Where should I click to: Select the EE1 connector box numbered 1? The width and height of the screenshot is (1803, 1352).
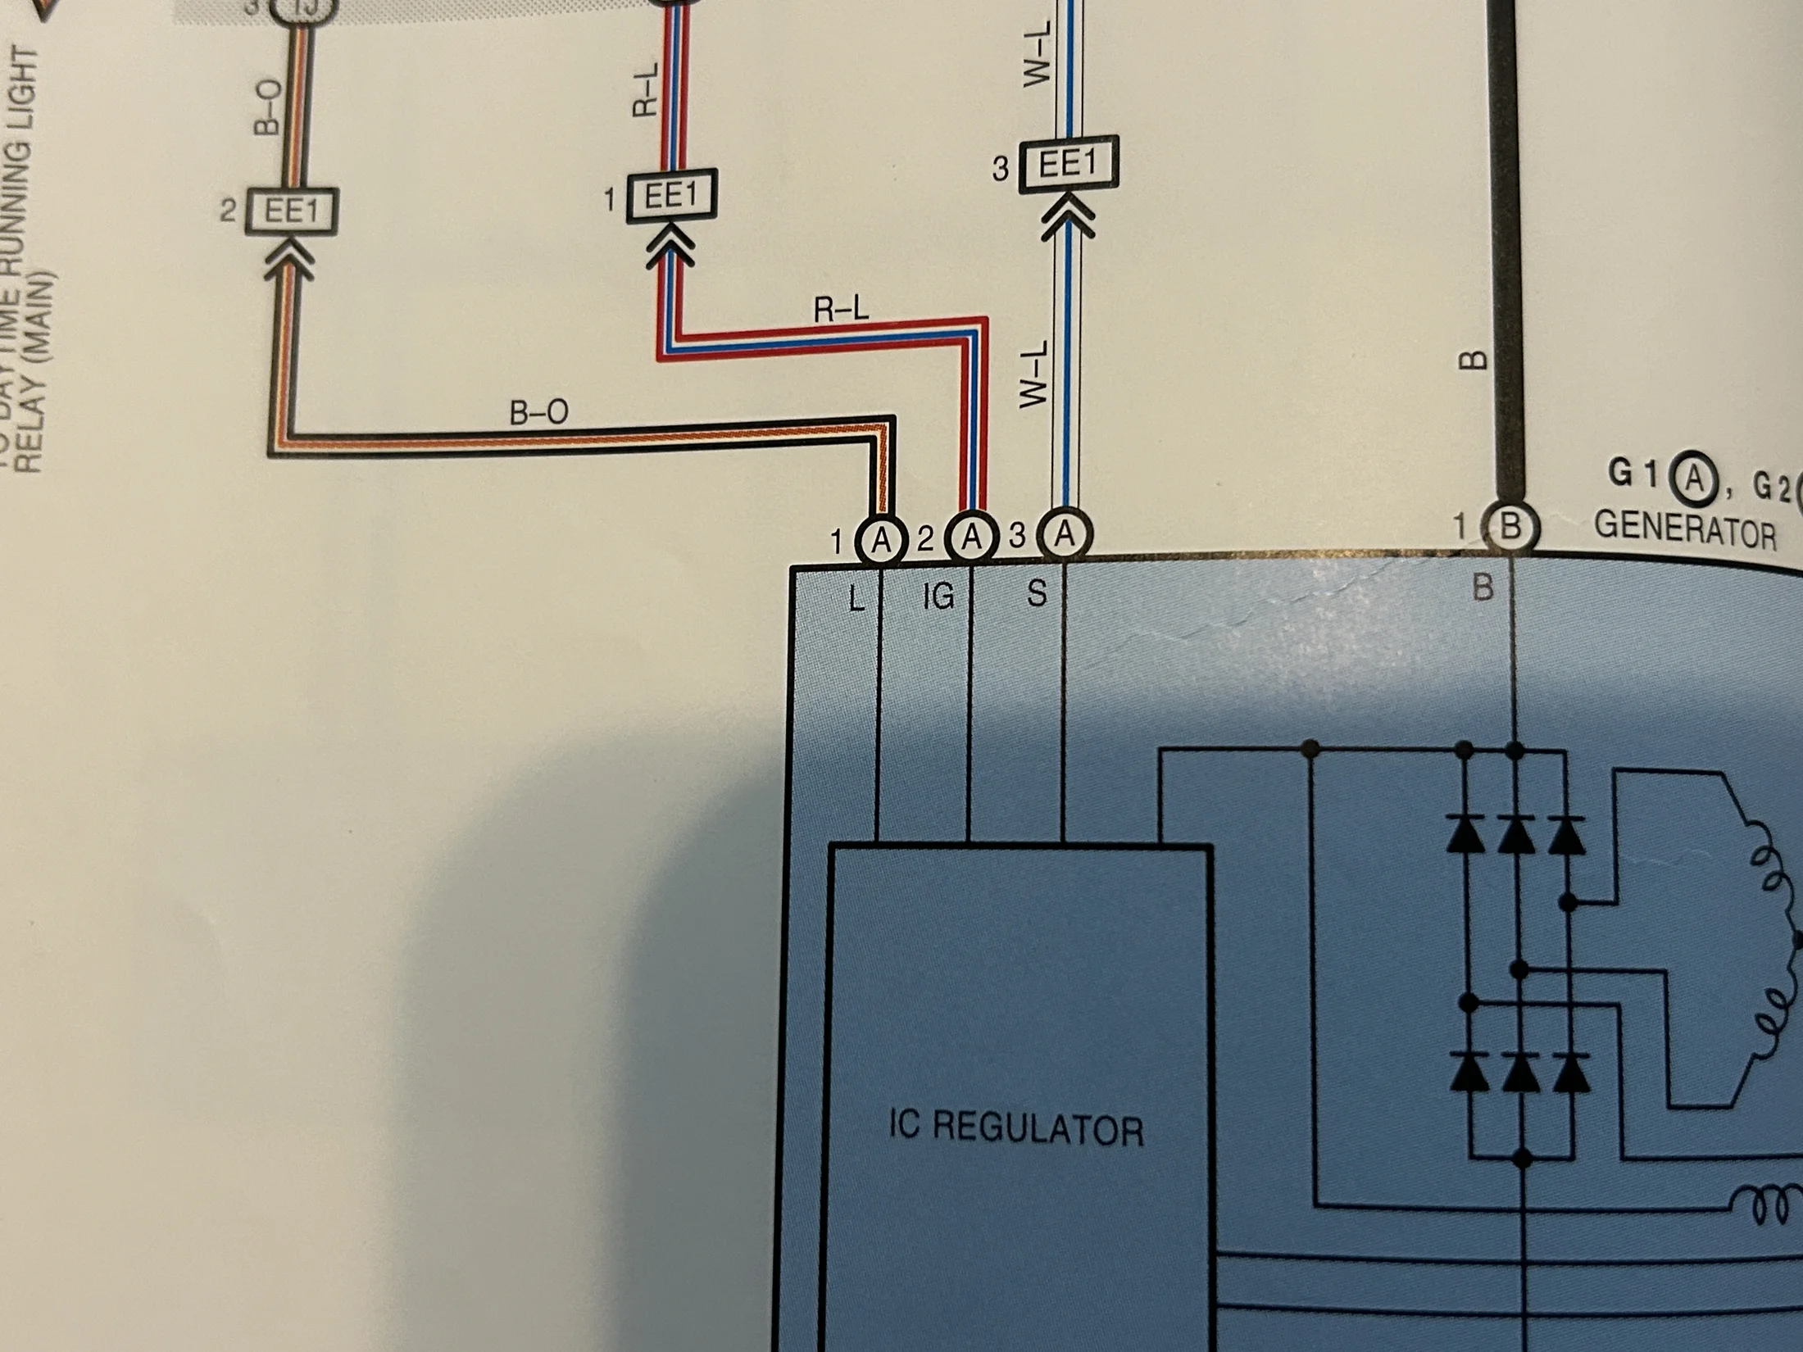671,197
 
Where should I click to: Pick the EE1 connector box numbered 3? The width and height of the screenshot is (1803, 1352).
1068,165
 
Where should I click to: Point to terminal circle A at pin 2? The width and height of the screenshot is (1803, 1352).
972,538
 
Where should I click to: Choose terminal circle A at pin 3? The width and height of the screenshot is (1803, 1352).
1064,535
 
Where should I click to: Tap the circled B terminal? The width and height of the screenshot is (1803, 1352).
1510,527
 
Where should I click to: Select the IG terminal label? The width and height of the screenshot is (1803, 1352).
938,596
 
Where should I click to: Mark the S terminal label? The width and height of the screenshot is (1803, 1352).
1037,592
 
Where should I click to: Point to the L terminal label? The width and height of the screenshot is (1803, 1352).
856,599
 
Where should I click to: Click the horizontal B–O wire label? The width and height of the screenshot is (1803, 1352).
538,412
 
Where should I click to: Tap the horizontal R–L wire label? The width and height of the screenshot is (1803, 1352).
841,310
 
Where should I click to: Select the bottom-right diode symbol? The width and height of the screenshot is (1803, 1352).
1570,1072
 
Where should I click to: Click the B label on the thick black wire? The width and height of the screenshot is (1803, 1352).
1474,361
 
